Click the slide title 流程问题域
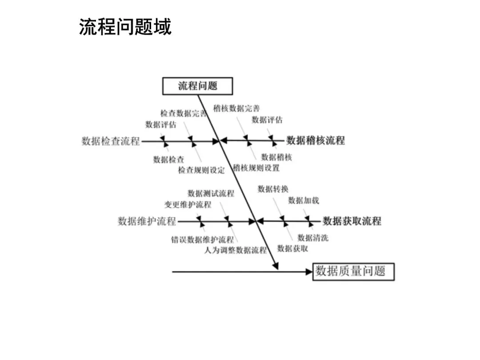point(125,27)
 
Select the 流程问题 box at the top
point(198,86)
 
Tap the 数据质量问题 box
point(353,271)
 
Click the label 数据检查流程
point(111,141)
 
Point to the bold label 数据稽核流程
point(316,141)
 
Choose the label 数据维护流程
point(147,221)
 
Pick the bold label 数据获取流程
point(352,221)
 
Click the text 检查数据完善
point(183,113)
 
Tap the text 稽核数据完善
point(236,108)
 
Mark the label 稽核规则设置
point(256,168)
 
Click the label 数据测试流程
point(211,193)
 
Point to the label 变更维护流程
point(188,204)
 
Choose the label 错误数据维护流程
point(202,240)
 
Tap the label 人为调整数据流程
point(236,250)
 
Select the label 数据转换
point(273,189)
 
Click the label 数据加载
point(304,200)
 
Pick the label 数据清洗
point(313,238)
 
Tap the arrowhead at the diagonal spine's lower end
point(276,266)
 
